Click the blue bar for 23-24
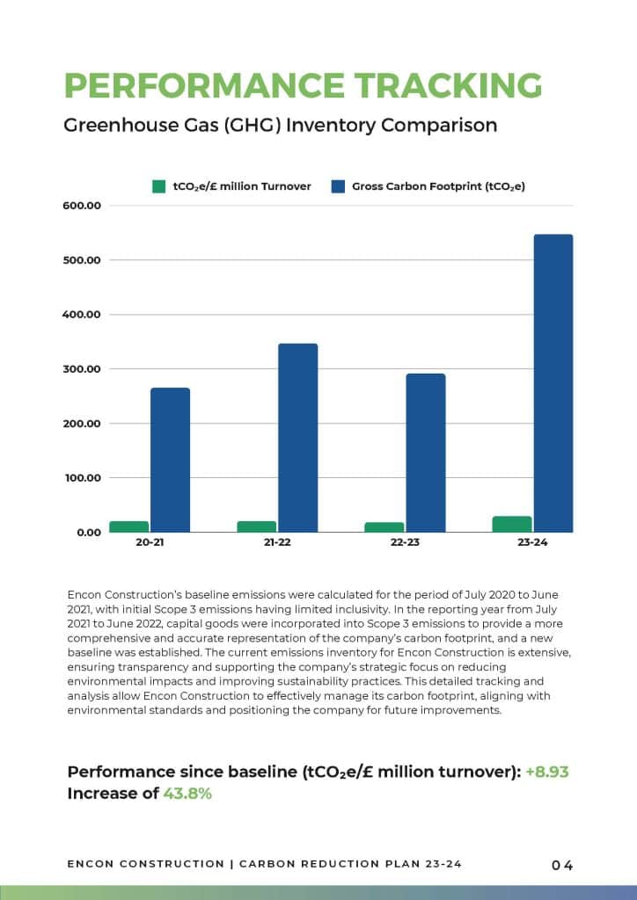pyautogui.click(x=553, y=383)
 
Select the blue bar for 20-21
pyautogui.click(x=170, y=460)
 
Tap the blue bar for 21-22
pyautogui.click(x=298, y=438)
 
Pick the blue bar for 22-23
pyautogui.click(x=426, y=453)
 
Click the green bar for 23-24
pyautogui.click(x=512, y=524)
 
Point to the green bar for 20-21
pyautogui.click(x=129, y=526)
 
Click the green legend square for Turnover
pyautogui.click(x=159, y=186)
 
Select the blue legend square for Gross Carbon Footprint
pyautogui.click(x=339, y=186)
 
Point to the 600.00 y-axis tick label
pyautogui.click(x=82, y=206)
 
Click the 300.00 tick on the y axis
pyautogui.click(x=82, y=369)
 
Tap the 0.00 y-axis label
pyautogui.click(x=88, y=533)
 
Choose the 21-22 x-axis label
pyautogui.click(x=277, y=542)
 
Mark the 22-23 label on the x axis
pyautogui.click(x=405, y=542)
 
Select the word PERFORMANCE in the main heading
pyautogui.click(x=204, y=85)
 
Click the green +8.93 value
pyautogui.click(x=547, y=772)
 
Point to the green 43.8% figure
pyautogui.click(x=187, y=794)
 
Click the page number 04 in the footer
pyautogui.click(x=562, y=865)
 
